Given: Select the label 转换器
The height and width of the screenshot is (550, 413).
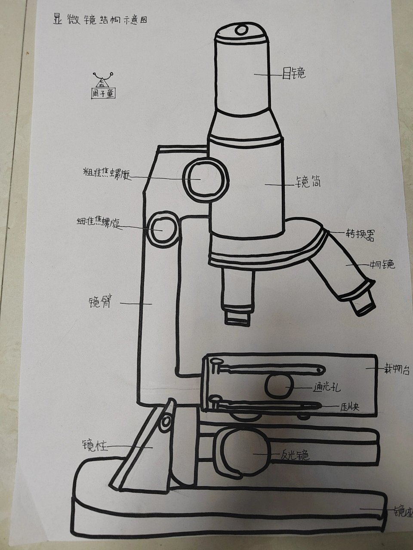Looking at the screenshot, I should click(x=360, y=235).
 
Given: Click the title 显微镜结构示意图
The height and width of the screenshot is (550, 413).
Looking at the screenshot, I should click(x=100, y=21).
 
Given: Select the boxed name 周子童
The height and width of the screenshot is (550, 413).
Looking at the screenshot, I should click(x=103, y=93).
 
